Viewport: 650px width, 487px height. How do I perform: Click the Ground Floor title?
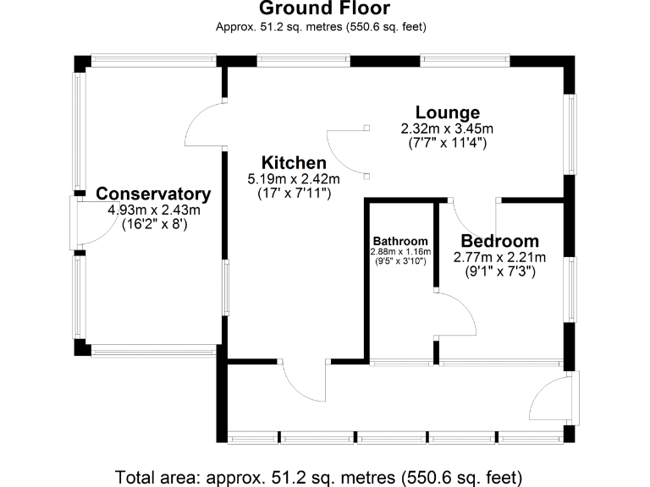pos(324,9)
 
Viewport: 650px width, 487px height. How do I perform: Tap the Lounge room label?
pos(447,112)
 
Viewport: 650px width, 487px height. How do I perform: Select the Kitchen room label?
pos(294,163)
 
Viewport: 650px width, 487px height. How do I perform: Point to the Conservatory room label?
pos(153,194)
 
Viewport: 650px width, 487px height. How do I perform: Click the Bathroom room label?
pos(400,241)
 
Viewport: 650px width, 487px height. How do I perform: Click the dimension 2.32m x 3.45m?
pos(447,129)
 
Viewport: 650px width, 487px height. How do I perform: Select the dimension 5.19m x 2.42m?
pos(294,179)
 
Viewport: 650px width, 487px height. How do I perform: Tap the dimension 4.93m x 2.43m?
pos(153,210)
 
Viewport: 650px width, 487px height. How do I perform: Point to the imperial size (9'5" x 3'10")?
pos(400,261)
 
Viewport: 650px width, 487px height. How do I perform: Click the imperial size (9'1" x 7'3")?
pos(499,272)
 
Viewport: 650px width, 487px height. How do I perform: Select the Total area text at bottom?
pos(324,475)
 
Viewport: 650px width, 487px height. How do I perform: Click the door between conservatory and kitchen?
pos(206,129)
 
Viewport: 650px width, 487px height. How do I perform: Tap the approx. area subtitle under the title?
pos(324,27)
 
